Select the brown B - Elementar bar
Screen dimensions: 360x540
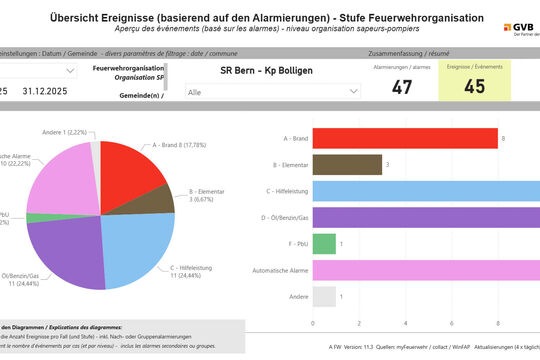(347, 164)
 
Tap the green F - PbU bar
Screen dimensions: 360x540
(324, 243)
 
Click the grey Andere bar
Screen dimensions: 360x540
(324, 296)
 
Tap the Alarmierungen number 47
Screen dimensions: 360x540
(402, 87)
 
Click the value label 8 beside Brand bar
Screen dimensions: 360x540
(504, 138)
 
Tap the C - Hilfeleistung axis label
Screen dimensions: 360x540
(282, 191)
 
